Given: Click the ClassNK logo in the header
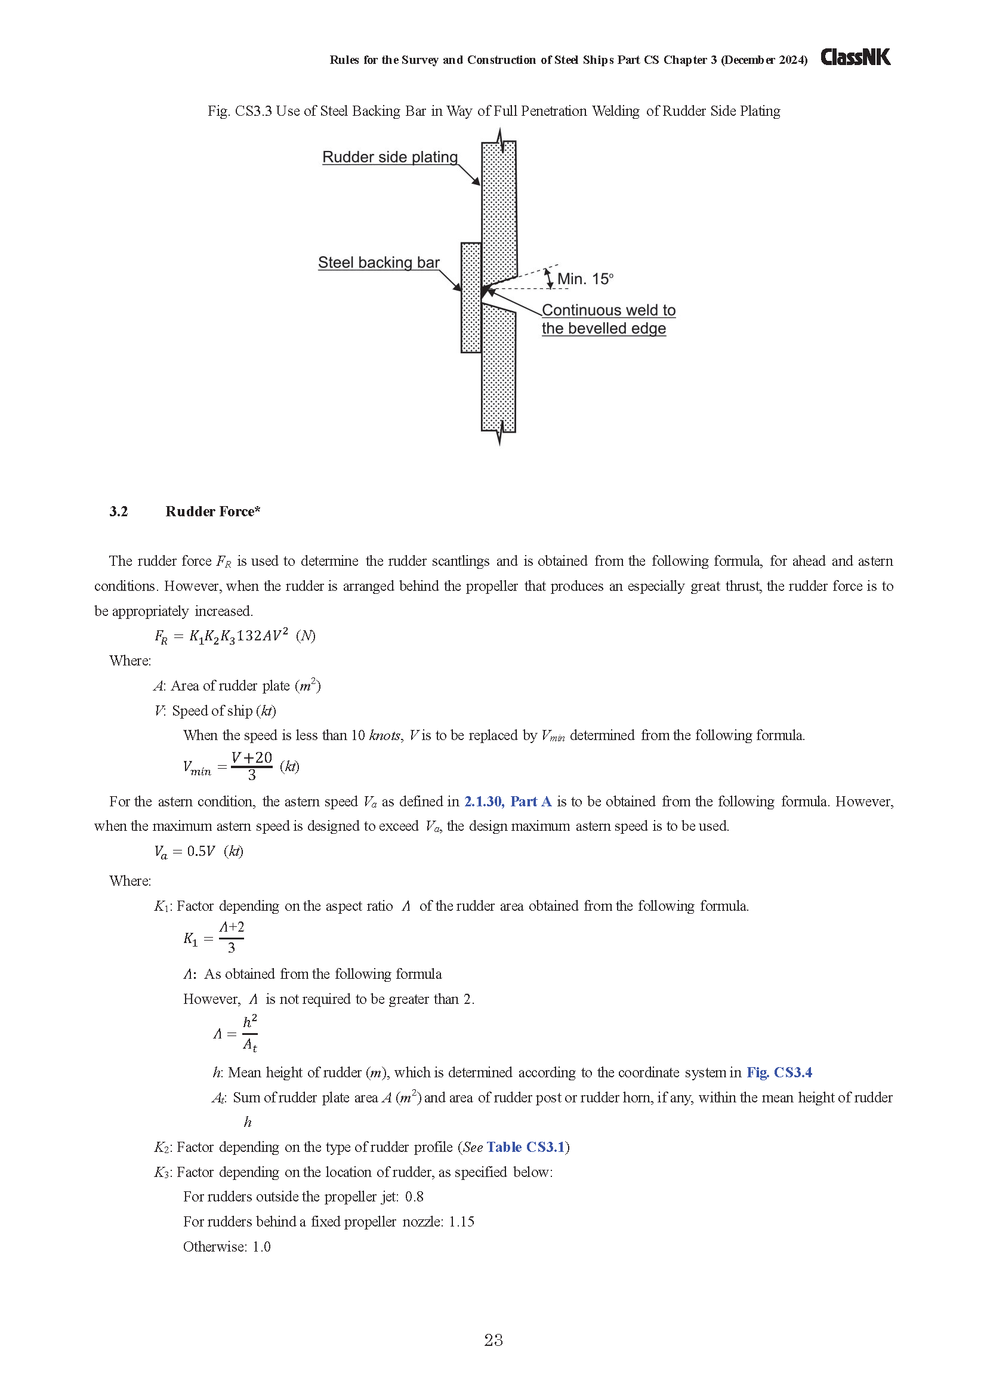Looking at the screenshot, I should [855, 57].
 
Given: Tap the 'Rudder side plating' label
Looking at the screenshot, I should [390, 157].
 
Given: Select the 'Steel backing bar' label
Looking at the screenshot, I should [379, 262].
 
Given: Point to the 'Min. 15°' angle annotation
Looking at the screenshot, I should [585, 279].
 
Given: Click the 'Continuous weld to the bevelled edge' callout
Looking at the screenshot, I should [607, 319].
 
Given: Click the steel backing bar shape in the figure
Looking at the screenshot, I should [471, 297].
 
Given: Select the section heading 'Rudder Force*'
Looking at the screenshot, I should [212, 511].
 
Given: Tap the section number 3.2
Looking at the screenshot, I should [119, 511].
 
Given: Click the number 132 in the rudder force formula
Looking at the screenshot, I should [249, 636].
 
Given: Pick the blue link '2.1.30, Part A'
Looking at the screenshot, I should [507, 802].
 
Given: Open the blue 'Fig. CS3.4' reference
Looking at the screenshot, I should [779, 1072].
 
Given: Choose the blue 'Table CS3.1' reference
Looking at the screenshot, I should [526, 1147].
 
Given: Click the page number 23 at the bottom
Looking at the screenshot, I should [493, 1340].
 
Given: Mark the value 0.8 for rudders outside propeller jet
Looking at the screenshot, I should [415, 1197].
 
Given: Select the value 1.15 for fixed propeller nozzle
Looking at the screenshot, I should [461, 1222].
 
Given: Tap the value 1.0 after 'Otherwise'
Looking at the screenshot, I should [261, 1246].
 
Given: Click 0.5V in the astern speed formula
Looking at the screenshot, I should [201, 851].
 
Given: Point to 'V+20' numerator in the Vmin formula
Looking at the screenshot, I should [252, 757].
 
